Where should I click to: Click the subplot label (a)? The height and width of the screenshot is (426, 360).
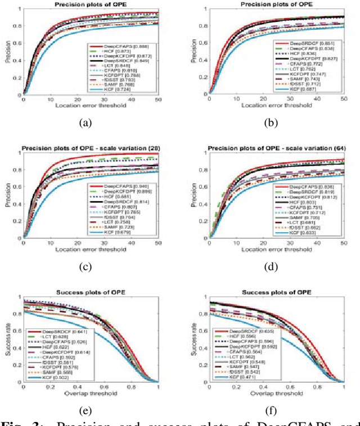pyautogui.click(x=86, y=121)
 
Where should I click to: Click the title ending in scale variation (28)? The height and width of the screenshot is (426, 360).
pyautogui.click(x=91, y=148)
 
